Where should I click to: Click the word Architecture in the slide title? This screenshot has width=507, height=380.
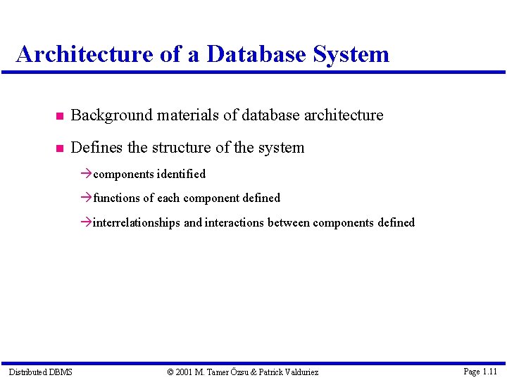pyautogui.click(x=83, y=54)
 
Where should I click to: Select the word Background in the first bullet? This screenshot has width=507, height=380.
pyautogui.click(x=111, y=115)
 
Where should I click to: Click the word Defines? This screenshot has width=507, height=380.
pyautogui.click(x=96, y=148)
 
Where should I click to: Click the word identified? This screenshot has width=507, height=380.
pyautogui.click(x=182, y=174)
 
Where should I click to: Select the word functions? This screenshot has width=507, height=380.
pyautogui.click(x=117, y=198)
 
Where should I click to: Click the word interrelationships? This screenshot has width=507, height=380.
pyautogui.click(x=137, y=223)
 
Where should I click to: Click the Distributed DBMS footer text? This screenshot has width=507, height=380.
pyautogui.click(x=40, y=372)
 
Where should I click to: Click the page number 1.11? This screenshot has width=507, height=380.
pyautogui.click(x=490, y=371)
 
